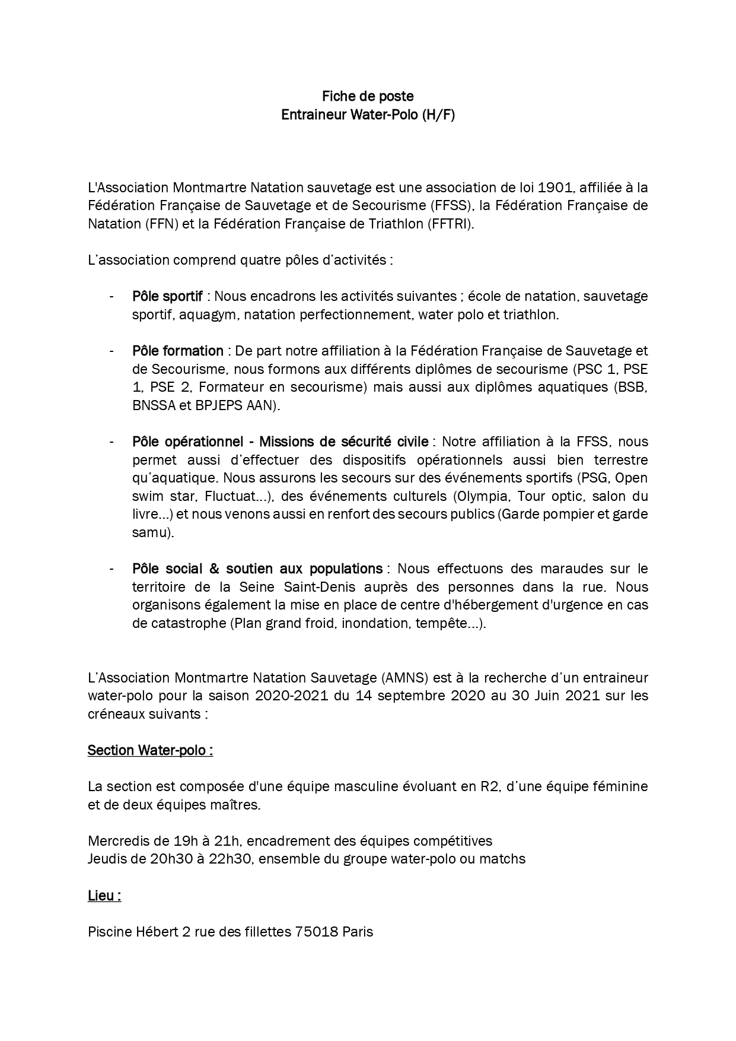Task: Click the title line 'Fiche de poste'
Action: [368, 96]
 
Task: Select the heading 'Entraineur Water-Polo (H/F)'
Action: [368, 115]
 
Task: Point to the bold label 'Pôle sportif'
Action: [167, 296]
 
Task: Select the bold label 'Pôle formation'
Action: [178, 351]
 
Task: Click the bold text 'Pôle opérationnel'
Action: [187, 442]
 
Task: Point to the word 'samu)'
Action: [153, 533]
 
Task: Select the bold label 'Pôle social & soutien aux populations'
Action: [257, 569]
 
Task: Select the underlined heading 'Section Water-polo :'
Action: [150, 750]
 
